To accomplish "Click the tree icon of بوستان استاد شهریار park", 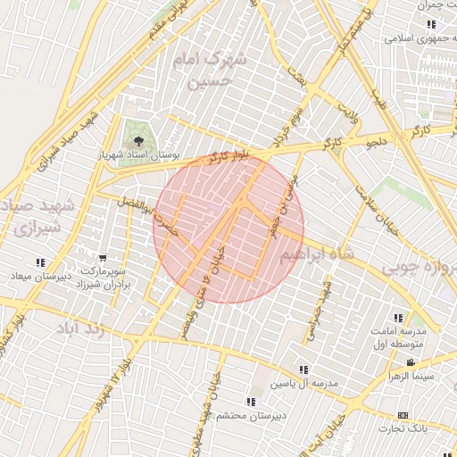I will pos(137,140).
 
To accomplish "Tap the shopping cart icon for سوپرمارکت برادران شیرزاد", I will pos(104,257).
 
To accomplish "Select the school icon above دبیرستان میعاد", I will pos(40,262).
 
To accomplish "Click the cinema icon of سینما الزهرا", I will pos(410,362).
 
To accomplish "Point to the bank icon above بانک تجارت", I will pos(403,415).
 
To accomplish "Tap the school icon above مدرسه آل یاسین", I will pos(304,369).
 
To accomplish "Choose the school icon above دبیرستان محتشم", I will pos(250,402).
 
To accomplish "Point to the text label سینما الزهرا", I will pos(409,376).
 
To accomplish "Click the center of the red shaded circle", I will pos(229,228).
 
